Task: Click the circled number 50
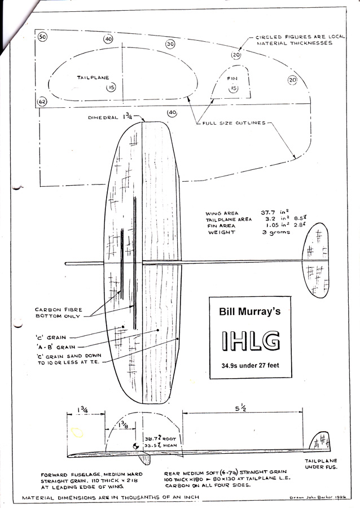[43, 37]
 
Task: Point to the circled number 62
[42, 102]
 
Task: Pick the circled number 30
[170, 44]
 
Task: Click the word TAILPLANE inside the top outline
[93, 77]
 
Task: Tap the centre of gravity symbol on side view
[136, 446]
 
